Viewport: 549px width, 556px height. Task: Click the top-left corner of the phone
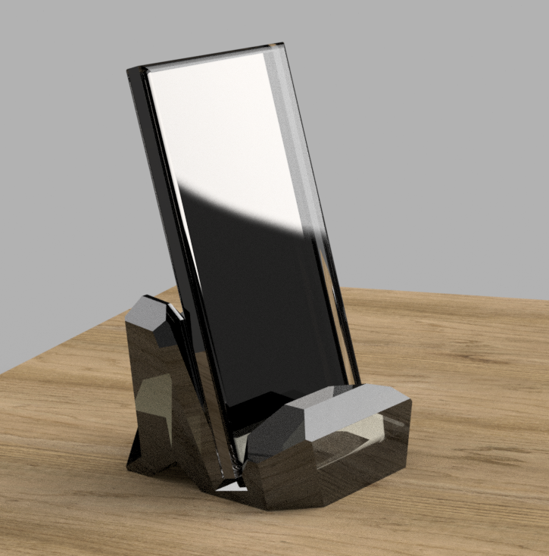(129, 70)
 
